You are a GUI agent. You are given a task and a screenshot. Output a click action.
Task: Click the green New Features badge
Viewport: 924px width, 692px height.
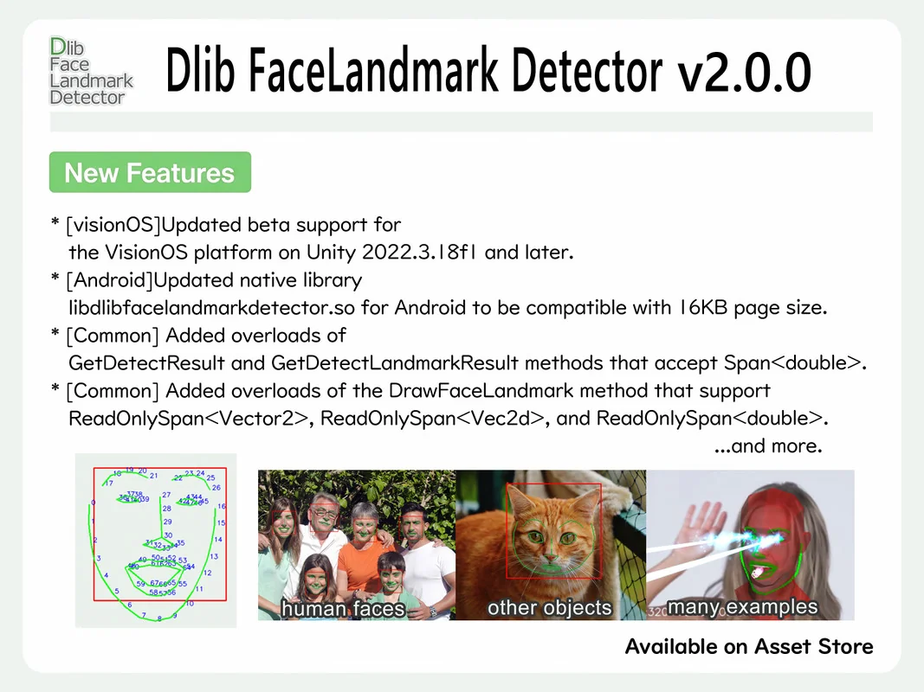point(150,173)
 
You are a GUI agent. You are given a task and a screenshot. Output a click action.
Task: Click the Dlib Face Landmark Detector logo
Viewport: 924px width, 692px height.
point(91,72)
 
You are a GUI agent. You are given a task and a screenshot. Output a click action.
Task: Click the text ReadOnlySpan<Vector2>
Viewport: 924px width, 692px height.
point(189,419)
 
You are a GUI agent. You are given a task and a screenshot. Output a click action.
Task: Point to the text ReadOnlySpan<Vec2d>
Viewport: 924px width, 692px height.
point(432,419)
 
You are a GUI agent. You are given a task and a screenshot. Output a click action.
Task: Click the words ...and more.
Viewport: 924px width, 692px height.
point(767,446)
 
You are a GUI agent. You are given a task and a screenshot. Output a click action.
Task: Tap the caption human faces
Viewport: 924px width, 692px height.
point(343,609)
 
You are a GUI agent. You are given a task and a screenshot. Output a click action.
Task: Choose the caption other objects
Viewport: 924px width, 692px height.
point(549,608)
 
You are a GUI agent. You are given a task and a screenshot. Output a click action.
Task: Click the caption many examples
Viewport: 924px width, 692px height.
point(743,606)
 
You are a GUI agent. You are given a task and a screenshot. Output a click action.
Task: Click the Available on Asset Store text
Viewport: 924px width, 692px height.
point(748,646)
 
